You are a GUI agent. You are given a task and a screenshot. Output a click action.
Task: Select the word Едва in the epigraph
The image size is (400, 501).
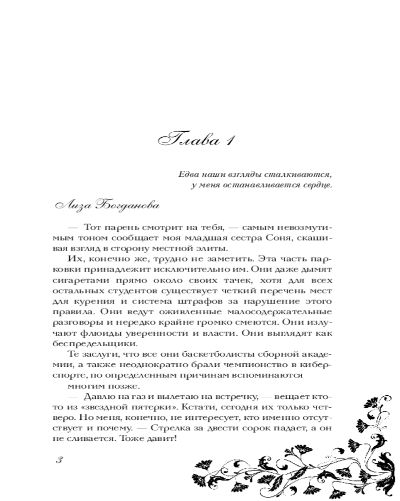(x=188, y=175)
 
